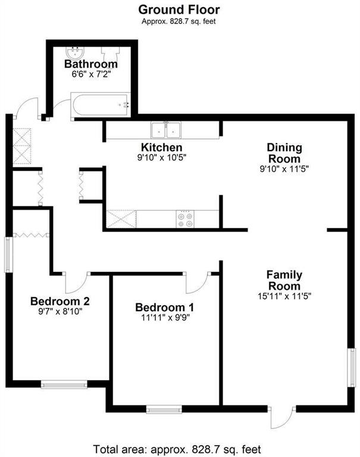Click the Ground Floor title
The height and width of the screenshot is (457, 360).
tap(179, 10)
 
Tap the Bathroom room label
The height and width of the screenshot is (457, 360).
tap(91, 64)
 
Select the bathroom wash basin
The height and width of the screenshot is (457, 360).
tap(75, 53)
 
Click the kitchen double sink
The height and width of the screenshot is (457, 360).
tap(166, 130)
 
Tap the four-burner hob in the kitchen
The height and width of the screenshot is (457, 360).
tap(185, 219)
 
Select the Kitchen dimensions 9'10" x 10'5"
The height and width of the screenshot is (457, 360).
tap(162, 158)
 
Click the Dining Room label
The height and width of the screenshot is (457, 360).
tap(284, 153)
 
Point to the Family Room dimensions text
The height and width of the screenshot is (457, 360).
tap(284, 296)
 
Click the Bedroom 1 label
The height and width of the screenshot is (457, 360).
tap(164, 307)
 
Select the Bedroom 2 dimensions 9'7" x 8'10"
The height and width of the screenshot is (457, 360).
tap(60, 312)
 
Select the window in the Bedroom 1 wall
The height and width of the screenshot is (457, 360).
tap(164, 409)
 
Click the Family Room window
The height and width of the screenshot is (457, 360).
tap(352, 368)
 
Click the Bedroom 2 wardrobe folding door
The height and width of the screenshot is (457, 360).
tap(31, 235)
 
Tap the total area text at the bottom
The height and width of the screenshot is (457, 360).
tap(177, 449)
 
